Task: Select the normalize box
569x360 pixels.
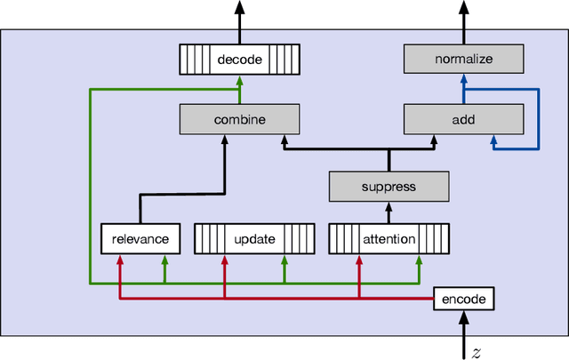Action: [462, 60]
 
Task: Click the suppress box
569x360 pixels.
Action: [389, 187]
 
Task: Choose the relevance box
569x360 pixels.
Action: [140, 238]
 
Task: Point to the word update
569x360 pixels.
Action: [254, 238]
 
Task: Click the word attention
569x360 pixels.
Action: [389, 238]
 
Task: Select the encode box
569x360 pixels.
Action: [463, 299]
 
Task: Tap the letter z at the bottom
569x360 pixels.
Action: [477, 353]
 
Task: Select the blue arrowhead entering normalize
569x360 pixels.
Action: [462, 80]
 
